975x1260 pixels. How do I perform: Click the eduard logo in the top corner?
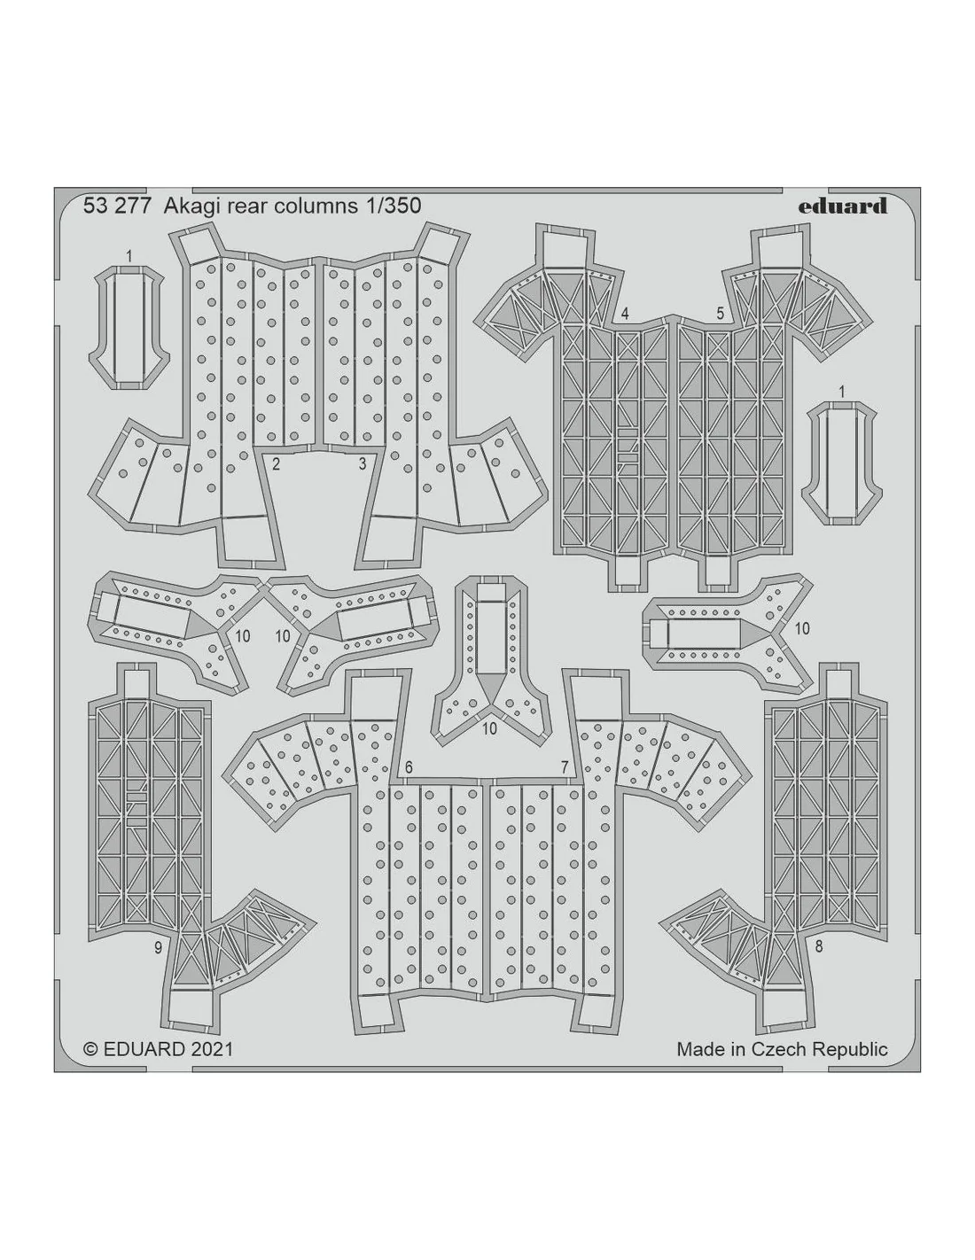tap(842, 206)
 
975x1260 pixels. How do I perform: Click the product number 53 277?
tap(117, 206)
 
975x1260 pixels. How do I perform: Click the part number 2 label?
tap(276, 464)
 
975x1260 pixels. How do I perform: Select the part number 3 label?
tap(363, 464)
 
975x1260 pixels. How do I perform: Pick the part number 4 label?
tap(625, 314)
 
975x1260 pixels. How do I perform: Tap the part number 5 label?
tap(721, 314)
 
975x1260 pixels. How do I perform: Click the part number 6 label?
tap(409, 767)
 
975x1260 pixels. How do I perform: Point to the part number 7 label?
tap(565, 767)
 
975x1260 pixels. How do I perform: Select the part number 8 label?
tap(819, 963)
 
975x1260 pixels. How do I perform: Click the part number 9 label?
tap(159, 964)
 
